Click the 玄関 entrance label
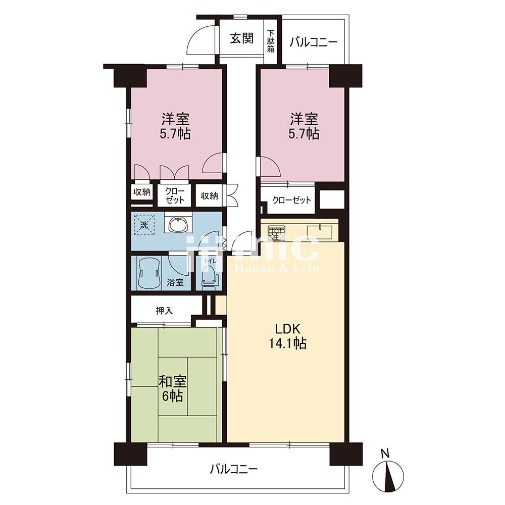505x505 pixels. click(x=241, y=38)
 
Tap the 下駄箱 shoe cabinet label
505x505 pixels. click(x=271, y=41)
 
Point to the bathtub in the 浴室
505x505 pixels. click(x=149, y=273)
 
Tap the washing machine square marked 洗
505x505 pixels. click(x=144, y=225)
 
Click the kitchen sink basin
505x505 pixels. click(x=319, y=232)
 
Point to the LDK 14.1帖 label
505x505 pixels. click(x=287, y=336)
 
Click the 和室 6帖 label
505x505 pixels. click(x=173, y=389)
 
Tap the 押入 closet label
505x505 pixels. click(x=165, y=311)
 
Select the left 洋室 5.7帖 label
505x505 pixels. click(x=175, y=126)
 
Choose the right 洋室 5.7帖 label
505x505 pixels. click(x=305, y=126)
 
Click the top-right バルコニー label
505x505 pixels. click(x=313, y=42)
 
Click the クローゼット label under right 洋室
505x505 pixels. click(x=292, y=200)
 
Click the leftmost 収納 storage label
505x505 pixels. click(x=142, y=192)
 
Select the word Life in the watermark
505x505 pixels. click(x=305, y=268)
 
